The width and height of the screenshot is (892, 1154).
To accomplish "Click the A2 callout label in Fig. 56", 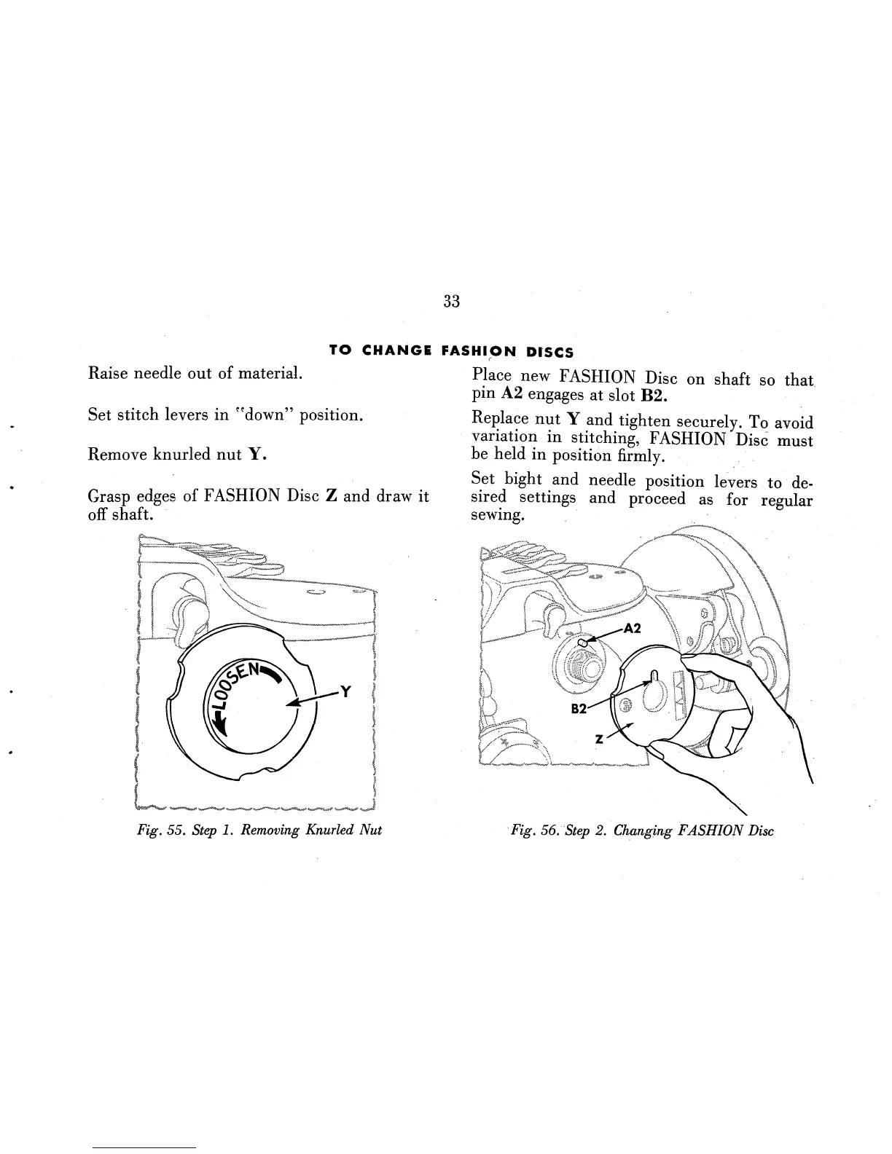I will point(632,628).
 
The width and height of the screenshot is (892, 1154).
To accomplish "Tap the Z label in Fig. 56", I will point(599,738).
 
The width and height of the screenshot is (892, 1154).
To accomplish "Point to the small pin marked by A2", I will point(583,643).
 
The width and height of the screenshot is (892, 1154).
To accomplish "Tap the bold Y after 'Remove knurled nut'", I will point(255,455).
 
